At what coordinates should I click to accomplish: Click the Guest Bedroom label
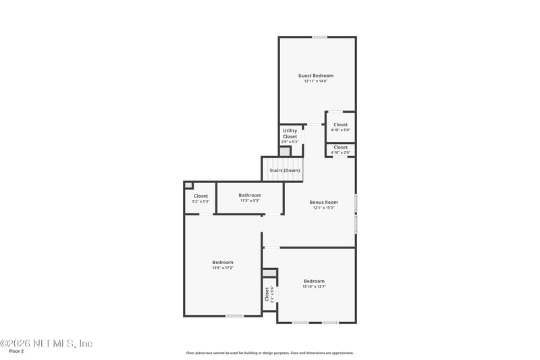coord(316,76)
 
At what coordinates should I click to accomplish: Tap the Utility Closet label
coord(290,134)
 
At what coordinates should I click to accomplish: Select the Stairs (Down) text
coord(285,170)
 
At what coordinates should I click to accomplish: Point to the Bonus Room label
coord(323,202)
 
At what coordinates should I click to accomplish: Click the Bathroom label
coord(249,195)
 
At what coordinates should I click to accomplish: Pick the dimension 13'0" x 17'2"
coord(223,268)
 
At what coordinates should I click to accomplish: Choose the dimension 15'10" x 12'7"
coord(314,287)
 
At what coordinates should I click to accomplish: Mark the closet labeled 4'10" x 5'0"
coord(340,128)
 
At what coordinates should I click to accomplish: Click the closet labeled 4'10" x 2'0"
coord(340,150)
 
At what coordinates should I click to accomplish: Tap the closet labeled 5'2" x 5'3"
coord(200,199)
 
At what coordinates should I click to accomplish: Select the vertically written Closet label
coord(267,294)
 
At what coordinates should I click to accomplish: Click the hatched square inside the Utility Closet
coord(285,152)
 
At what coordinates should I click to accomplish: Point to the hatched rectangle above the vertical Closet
coord(269,272)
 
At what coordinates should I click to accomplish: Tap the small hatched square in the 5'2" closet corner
coord(188,186)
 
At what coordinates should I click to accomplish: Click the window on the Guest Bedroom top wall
coord(319,37)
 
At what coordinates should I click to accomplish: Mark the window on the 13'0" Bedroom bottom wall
coord(234,315)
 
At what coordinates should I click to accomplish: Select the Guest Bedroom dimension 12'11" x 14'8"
coord(316,81)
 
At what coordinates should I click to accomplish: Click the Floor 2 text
coord(16,352)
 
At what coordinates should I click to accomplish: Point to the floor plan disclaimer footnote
coord(269,353)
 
